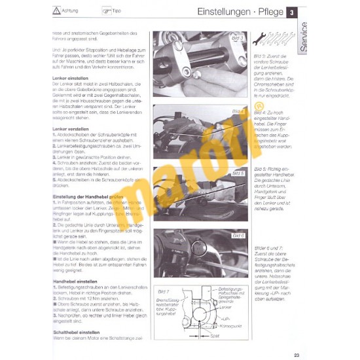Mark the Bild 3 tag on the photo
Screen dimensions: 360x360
click(237, 38)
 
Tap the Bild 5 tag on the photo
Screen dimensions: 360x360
click(237, 173)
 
